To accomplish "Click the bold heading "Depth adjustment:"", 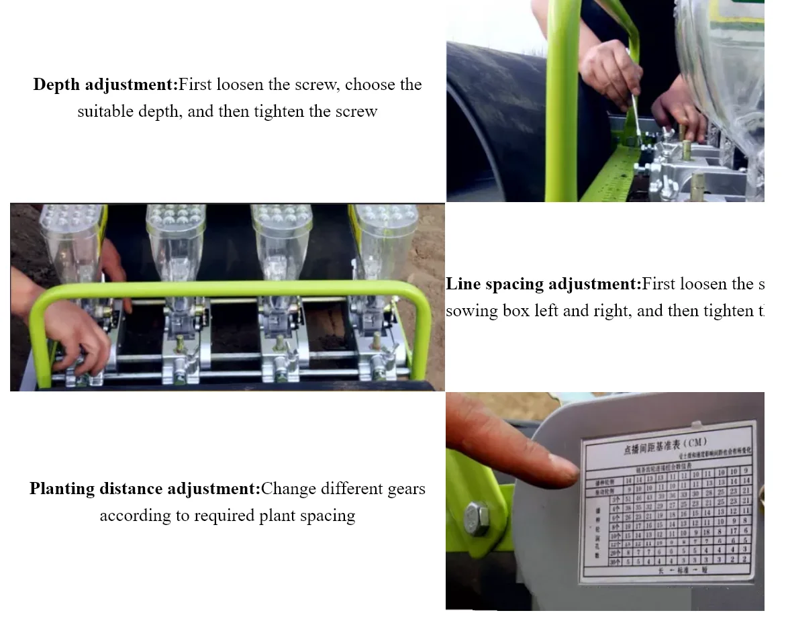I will (x=105, y=85).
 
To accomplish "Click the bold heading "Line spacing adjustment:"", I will (x=543, y=284).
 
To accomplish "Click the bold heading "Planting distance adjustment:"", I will (x=144, y=489).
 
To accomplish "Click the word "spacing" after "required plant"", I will (x=328, y=516).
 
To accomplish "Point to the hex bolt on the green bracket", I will (x=477, y=518).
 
